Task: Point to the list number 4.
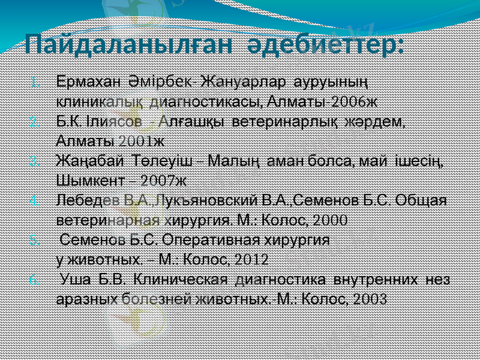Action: (35, 200)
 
